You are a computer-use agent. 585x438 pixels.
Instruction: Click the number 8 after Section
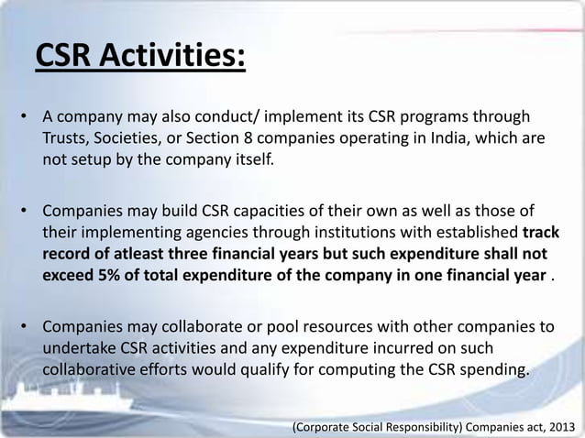point(275,141)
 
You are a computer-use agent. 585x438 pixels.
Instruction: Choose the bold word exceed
point(65,277)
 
